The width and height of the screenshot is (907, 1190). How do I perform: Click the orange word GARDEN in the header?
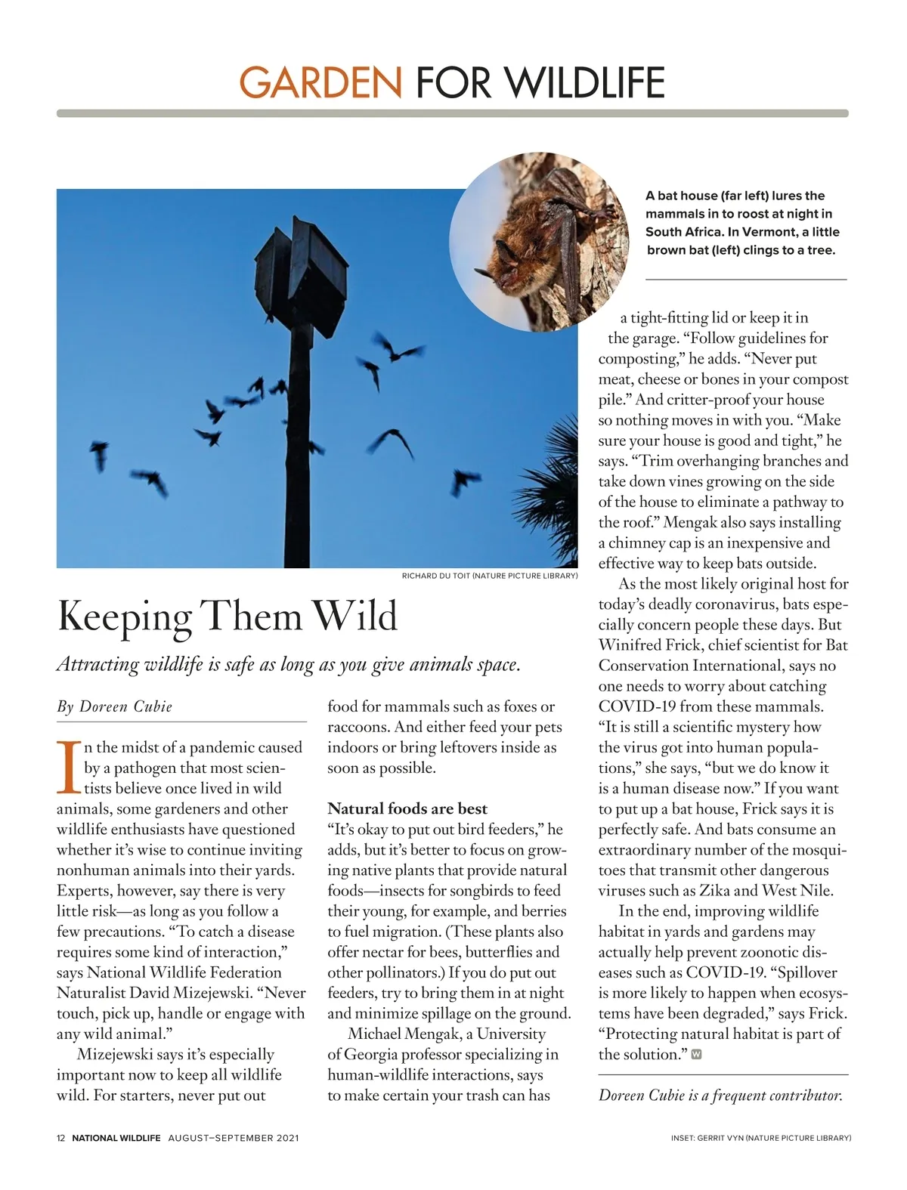pos(320,82)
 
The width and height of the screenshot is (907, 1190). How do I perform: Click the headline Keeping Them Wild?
pos(228,616)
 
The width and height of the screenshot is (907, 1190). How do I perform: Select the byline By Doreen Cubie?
pos(115,706)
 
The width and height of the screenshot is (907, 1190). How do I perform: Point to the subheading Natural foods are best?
pos(407,808)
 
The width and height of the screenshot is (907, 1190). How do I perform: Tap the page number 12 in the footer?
pos(61,1138)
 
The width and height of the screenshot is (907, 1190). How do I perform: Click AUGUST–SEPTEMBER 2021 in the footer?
pos(234,1138)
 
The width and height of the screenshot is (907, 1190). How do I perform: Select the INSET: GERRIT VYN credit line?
pos(760,1138)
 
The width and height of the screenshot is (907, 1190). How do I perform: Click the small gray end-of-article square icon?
pos(696,1054)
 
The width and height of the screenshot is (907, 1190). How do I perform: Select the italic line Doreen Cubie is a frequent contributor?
pos(720,1095)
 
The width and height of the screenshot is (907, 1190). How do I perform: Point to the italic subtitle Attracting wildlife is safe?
pos(289,665)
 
